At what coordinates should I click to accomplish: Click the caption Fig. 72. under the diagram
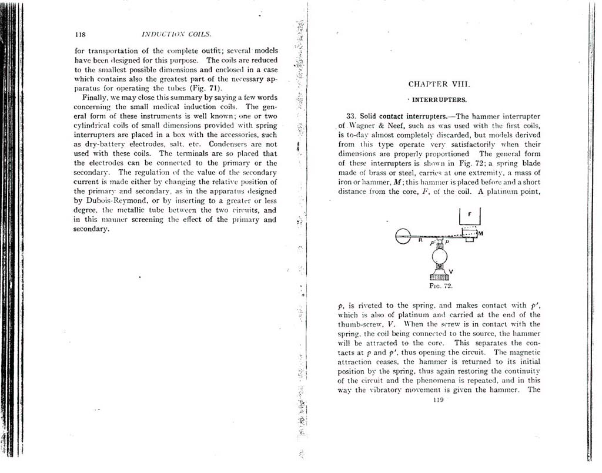440,286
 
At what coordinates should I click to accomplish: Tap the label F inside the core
470,214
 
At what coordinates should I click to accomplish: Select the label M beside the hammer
480,233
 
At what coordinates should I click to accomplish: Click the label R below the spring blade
421,240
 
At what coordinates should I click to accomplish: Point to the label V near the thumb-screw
450,271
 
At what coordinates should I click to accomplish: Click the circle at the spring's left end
403,236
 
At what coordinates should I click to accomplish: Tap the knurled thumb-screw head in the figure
440,276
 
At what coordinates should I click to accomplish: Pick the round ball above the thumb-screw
440,257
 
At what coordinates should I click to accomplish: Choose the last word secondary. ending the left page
91,229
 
